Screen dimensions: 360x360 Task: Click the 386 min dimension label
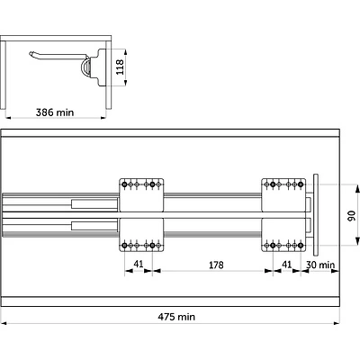(55, 112)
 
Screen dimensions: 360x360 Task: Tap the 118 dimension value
(120, 67)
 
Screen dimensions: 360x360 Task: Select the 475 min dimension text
(176, 317)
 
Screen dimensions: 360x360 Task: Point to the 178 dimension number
(216, 265)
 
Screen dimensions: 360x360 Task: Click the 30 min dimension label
(320, 265)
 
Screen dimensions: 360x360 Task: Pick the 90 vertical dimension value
(351, 216)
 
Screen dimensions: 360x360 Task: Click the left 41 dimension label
(139, 264)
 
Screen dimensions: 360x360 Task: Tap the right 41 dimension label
(287, 265)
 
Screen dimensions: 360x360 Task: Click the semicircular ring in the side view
(84, 67)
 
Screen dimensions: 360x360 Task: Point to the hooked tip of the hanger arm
(31, 54)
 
